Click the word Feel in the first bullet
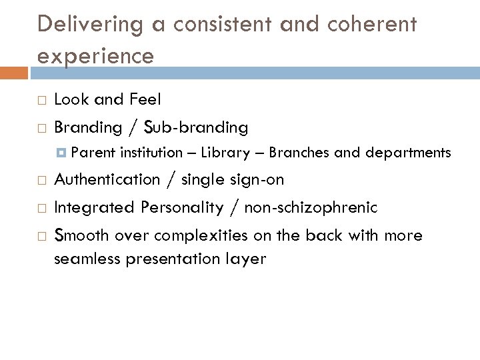tap(145, 99)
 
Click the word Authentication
tap(107, 180)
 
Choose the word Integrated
tap(93, 207)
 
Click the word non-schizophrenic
tap(311, 207)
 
